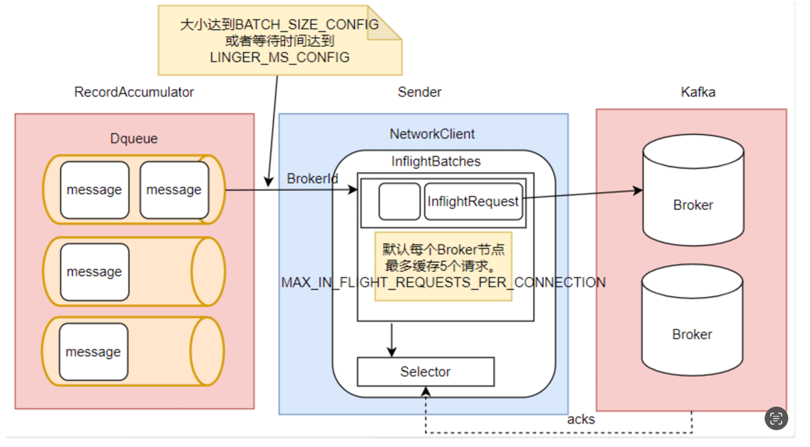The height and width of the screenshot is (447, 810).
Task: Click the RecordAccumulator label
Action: [x=134, y=92]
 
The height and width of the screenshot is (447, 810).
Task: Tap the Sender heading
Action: [x=419, y=92]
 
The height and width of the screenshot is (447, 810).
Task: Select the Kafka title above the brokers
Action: [x=698, y=92]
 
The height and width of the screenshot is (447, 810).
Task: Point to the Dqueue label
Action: [x=134, y=139]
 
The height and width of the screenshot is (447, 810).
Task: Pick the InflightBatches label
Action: [x=436, y=161]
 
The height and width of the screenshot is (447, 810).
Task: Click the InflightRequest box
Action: [x=473, y=202]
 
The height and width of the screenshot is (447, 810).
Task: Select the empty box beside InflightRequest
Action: [x=399, y=202]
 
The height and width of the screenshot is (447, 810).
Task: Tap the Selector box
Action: [x=425, y=372]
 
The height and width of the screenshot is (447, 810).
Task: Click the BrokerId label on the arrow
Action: [x=313, y=179]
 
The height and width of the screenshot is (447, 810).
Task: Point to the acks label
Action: [x=580, y=420]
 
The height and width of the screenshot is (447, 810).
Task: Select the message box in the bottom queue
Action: [x=93, y=352]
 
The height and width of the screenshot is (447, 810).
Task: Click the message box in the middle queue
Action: [x=95, y=272]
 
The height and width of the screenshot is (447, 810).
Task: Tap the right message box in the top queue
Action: [x=174, y=190]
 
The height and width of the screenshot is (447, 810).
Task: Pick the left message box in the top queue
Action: [x=95, y=190]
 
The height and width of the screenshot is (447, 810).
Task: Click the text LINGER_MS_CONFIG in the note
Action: [x=280, y=57]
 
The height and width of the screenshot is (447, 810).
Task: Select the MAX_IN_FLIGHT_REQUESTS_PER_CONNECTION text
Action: [x=443, y=283]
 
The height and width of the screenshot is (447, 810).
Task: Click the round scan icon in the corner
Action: [x=776, y=418]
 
